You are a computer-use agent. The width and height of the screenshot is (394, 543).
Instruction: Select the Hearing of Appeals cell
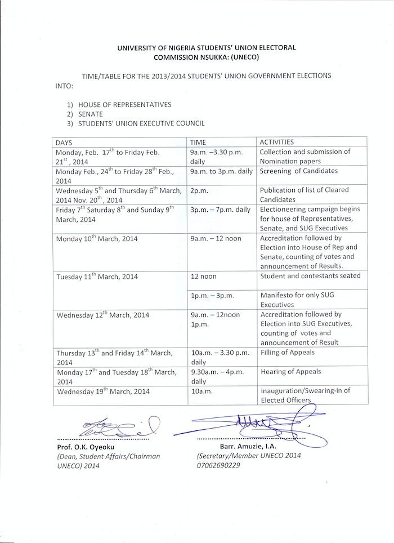[x=291, y=371]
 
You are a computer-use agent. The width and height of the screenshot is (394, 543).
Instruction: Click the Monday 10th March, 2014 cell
[x=98, y=239]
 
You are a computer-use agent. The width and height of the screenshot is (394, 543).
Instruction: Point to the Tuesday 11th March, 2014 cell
[x=96, y=276]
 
